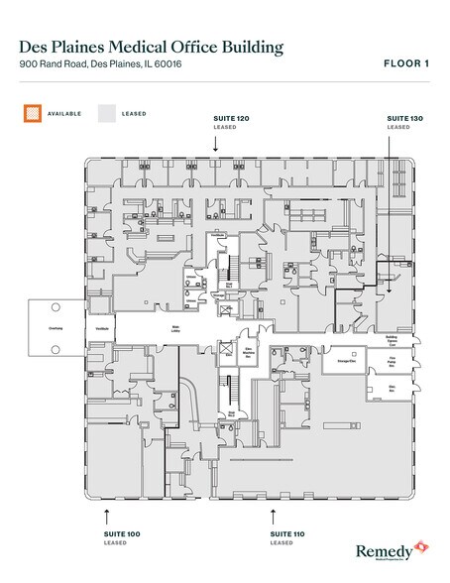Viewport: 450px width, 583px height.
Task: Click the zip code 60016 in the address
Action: pyautogui.click(x=168, y=65)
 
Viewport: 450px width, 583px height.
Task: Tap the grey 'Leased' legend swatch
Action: pyautogui.click(x=105, y=113)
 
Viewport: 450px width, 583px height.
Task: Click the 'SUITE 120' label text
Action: pyautogui.click(x=230, y=119)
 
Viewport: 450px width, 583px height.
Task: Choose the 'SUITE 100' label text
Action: pyautogui.click(x=122, y=534)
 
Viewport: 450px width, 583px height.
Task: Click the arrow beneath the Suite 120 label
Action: pyautogui.click(x=215, y=145)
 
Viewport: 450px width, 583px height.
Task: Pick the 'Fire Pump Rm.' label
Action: pyautogui.click(x=393, y=361)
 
